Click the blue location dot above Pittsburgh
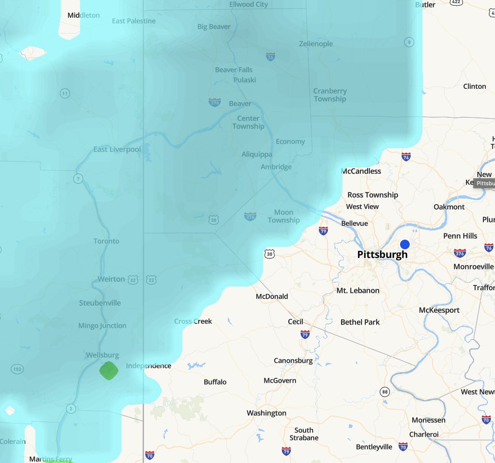tap(405, 244)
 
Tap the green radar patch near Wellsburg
tap(108, 370)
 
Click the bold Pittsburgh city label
tap(382, 255)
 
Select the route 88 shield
tap(385, 391)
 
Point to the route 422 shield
tap(456, 3)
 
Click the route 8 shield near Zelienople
tap(409, 42)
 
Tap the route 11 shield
tap(64, 93)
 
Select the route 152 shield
tap(17, 370)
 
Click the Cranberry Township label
tap(330, 95)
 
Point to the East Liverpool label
tap(117, 149)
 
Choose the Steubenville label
tap(100, 303)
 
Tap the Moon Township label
tap(283, 216)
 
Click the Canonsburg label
tap(293, 360)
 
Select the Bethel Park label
tap(360, 322)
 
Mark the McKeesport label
tap(439, 310)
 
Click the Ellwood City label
tap(248, 4)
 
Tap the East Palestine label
tap(134, 21)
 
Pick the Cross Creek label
tap(193, 321)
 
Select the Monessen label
tap(428, 420)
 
